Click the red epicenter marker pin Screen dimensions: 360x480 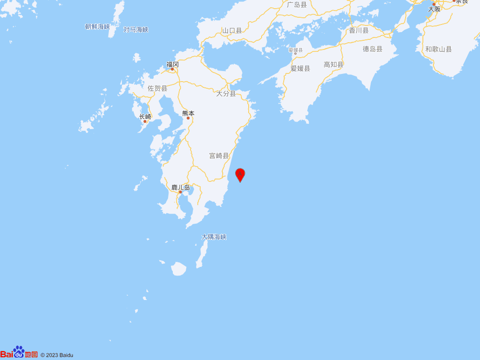pos(240,174)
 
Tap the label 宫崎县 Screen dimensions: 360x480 pos(219,156)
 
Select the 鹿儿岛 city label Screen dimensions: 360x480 pos(181,187)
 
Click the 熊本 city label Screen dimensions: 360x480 pos(188,114)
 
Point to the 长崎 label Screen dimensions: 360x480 pos(145,117)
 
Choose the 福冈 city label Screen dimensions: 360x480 pos(172,64)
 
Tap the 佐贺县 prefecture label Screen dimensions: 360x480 pos(157,88)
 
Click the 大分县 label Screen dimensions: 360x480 pos(226,94)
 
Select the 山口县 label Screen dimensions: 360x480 pos(232,30)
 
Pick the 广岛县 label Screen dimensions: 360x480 pos(297,5)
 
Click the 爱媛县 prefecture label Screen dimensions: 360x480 pos(300,69)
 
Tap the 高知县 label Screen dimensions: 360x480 pos(334,64)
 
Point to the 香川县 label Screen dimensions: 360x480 pos(359,30)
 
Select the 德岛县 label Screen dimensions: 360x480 pos(372,49)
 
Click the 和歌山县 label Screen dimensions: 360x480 pos(438,49)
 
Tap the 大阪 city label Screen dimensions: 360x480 pos(434,9)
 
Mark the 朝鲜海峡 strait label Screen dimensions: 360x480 pos(97,27)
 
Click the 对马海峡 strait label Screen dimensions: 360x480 pos(136,30)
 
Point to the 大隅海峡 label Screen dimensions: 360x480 pos(214,237)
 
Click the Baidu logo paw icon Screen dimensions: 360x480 pos(19,352)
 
